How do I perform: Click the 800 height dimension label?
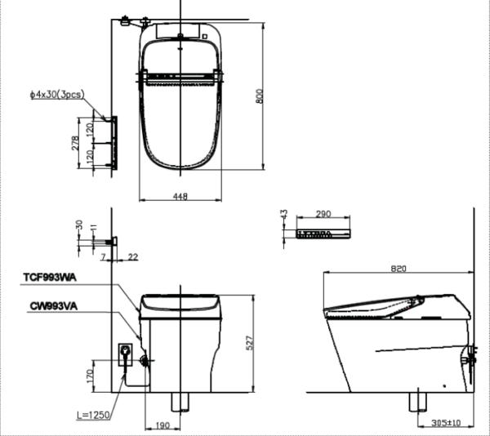tap(260, 96)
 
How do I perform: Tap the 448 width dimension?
tap(180, 196)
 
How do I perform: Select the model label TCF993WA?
tap(50, 278)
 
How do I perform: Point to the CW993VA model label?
tap(54, 306)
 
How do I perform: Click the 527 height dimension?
tap(250, 343)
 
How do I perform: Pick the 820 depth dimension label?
tap(399, 269)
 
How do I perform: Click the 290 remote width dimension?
tap(323, 214)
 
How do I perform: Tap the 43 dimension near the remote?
tap(283, 215)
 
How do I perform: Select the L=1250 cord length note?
tap(93, 415)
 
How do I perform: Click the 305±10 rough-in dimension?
tap(446, 423)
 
